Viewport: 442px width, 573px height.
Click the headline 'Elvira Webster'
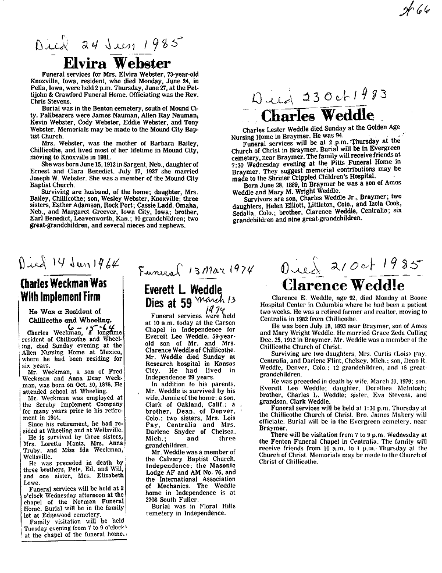coord(117,63)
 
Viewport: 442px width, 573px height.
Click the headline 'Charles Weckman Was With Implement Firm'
coord(63,291)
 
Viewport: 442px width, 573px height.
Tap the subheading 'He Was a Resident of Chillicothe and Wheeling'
coord(66,315)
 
